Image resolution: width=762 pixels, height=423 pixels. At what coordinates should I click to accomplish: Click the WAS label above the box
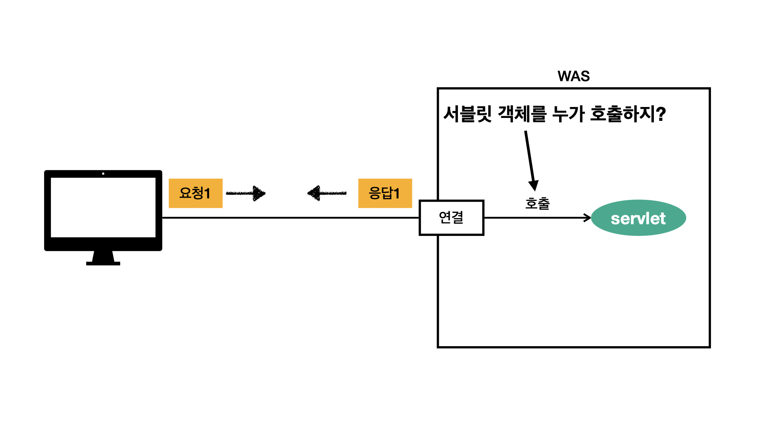(574, 76)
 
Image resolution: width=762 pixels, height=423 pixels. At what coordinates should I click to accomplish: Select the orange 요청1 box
(196, 193)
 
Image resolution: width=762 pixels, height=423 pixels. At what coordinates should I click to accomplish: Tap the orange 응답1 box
(385, 193)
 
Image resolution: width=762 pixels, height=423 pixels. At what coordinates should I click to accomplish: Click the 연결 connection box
(451, 218)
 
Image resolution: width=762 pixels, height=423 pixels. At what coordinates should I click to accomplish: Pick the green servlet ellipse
(639, 218)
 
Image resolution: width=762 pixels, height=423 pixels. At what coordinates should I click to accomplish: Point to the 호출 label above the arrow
(537, 203)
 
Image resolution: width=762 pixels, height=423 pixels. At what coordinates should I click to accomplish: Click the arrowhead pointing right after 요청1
(259, 193)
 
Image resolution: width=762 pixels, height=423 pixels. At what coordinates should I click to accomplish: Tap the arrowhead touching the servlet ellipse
(587, 218)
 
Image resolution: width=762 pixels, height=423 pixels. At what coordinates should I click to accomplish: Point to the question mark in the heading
(660, 114)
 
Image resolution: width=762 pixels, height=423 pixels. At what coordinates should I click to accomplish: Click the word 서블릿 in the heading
(468, 114)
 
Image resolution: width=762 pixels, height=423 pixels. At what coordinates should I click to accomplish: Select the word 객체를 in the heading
(522, 114)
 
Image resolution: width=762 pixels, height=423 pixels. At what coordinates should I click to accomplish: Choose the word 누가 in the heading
(568, 114)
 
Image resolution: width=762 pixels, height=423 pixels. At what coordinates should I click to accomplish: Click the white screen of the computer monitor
(103, 207)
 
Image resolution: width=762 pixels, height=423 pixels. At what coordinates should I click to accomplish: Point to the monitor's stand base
(103, 263)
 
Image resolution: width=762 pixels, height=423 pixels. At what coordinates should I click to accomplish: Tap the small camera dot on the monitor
(103, 174)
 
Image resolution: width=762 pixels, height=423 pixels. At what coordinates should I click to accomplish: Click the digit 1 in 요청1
(207, 193)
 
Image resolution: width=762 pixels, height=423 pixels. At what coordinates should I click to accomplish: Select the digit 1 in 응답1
(396, 193)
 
